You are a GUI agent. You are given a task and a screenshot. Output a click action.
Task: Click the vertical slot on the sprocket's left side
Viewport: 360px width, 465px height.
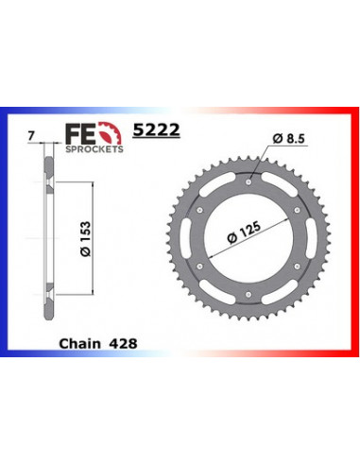click(176, 241)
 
